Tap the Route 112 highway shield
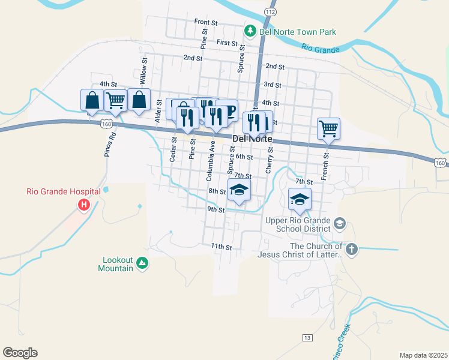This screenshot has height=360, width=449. coord(271,12)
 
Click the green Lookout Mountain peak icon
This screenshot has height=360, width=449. coord(142,263)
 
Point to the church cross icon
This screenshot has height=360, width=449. coord(352,248)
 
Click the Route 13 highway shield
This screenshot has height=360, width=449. coord(307,338)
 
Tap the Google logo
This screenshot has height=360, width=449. coord(20,353)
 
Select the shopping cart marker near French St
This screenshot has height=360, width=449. coord(328,128)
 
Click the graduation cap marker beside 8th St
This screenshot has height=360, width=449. coord(238,190)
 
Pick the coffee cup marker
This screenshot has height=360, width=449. coord(228,111)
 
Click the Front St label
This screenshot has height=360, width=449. coord(205,22)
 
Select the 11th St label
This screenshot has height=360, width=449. coord(221,247)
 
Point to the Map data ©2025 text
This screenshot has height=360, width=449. coord(423,355)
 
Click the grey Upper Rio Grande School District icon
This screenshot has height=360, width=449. coord(340,224)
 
